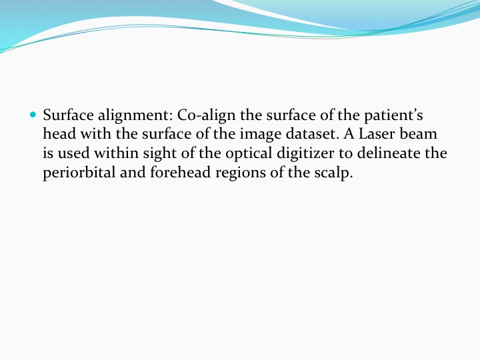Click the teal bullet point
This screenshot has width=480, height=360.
point(33,115)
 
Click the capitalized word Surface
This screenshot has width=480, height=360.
point(68,115)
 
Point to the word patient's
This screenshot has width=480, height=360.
point(393,116)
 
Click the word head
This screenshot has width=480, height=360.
point(59,134)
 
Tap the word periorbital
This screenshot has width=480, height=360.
point(79,173)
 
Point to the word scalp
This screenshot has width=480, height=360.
point(334,173)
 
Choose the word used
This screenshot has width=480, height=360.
point(73,153)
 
